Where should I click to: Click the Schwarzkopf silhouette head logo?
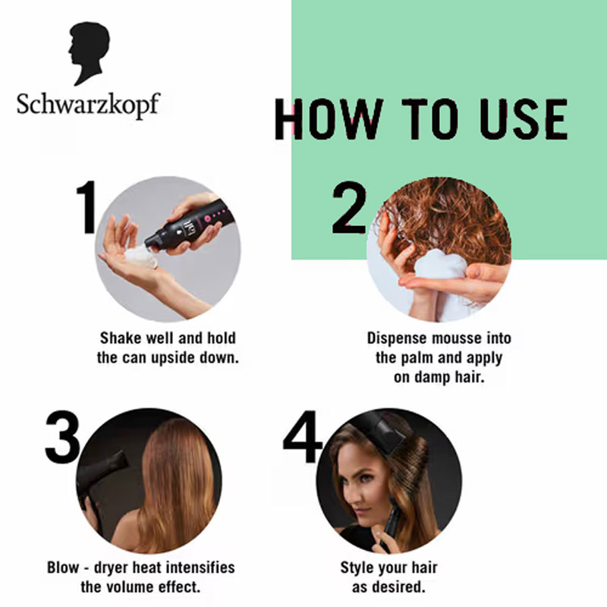pyautogui.click(x=89, y=52)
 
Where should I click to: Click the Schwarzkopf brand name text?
pyautogui.click(x=88, y=105)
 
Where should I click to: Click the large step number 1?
pyautogui.click(x=86, y=207)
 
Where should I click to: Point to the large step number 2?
pyautogui.click(x=349, y=207)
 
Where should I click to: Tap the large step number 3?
pyautogui.click(x=62, y=437)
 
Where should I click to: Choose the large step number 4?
pyautogui.click(x=302, y=437)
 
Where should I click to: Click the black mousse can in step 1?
pyautogui.click(x=190, y=225)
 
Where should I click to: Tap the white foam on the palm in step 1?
pyautogui.click(x=141, y=256)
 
